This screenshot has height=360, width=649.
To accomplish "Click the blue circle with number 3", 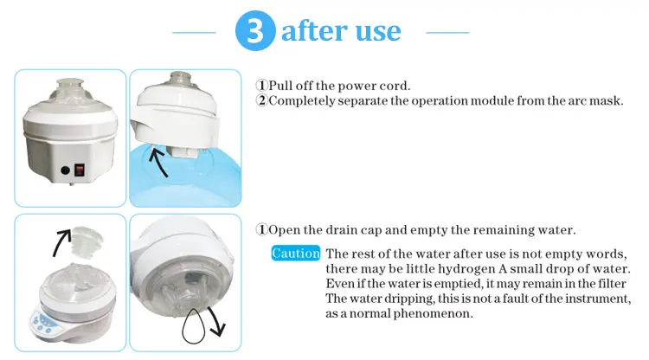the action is [255, 30].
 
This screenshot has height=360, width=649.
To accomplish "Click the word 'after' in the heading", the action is [315, 30].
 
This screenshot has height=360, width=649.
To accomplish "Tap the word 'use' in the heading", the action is [378, 32].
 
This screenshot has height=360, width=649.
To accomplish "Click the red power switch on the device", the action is [80, 170].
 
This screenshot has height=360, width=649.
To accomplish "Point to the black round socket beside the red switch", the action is [65, 170].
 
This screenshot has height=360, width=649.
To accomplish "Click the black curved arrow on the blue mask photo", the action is [157, 162].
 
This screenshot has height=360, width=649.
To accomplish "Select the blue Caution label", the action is [296, 254].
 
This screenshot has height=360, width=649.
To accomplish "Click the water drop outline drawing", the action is [193, 325].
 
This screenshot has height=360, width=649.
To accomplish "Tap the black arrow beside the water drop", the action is [216, 321].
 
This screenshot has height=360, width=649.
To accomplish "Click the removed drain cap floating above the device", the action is [86, 241].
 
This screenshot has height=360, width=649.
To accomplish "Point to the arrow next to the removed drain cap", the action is [61, 243].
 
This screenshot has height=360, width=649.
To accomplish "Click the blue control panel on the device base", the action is [42, 322].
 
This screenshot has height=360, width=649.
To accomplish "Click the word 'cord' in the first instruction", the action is [395, 86].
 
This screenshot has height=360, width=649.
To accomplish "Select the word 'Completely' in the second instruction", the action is [302, 101].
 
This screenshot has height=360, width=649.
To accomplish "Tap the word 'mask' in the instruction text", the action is [607, 100].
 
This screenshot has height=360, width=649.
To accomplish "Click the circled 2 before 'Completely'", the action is [261, 100].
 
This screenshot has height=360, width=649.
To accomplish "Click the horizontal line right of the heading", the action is [447, 32].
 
